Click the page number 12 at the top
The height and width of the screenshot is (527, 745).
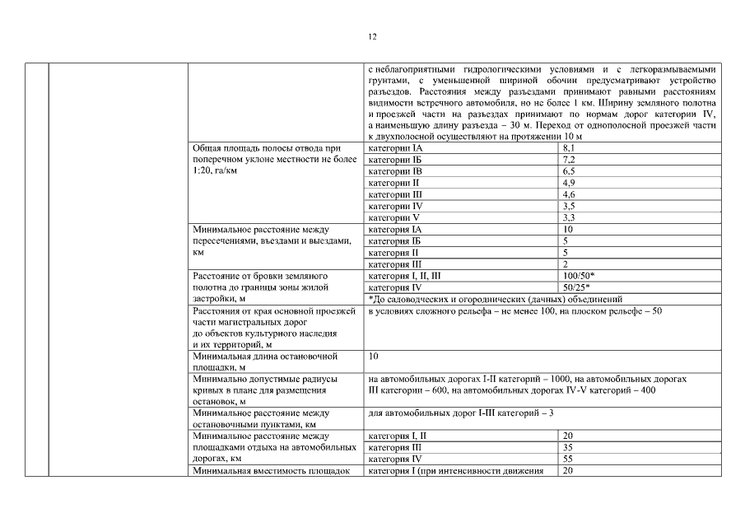(x=372, y=37)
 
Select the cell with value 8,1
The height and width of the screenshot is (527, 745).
(x=569, y=147)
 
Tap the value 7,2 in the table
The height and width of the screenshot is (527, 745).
(x=569, y=159)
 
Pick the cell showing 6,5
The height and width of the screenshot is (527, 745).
(x=569, y=170)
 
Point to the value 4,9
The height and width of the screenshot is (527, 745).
(x=569, y=182)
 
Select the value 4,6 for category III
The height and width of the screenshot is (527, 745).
(x=569, y=194)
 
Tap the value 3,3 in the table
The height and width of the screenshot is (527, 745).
(x=569, y=217)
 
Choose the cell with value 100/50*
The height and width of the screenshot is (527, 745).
(x=579, y=276)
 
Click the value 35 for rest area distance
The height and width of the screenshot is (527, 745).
(x=568, y=447)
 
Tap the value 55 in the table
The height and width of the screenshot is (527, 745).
(x=568, y=459)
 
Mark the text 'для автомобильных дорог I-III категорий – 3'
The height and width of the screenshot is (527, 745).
(x=461, y=413)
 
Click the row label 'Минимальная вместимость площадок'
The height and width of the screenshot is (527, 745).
(x=265, y=470)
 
